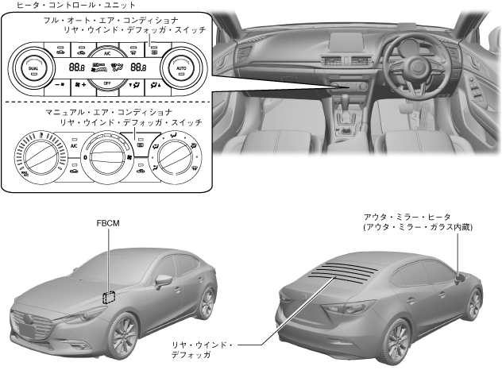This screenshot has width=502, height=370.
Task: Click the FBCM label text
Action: pyautogui.click(x=107, y=224)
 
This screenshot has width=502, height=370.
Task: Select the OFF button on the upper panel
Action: pyautogui.click(x=106, y=83)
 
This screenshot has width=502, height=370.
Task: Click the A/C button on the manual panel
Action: pyautogui.click(x=73, y=147)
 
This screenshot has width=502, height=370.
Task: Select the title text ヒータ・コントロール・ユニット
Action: pyautogui.click(x=52, y=5)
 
